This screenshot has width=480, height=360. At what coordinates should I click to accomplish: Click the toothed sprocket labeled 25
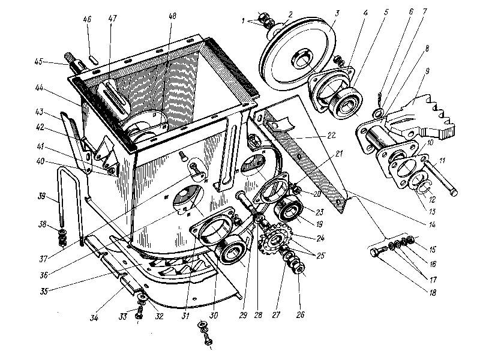pos(275,241)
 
